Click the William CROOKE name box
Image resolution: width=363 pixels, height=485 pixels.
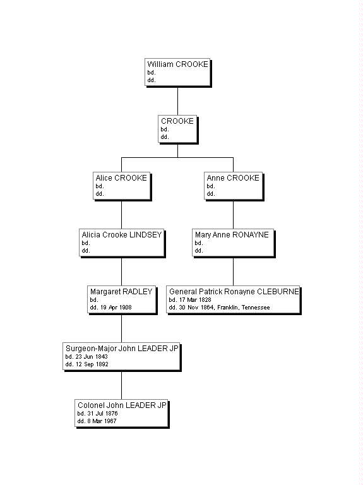pyautogui.click(x=177, y=72)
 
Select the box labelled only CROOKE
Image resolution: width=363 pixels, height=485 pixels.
pyautogui.click(x=177, y=129)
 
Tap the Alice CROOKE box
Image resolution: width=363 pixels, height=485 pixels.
pyautogui.click(x=122, y=186)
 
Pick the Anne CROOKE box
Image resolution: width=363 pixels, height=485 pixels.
pyautogui.click(x=233, y=186)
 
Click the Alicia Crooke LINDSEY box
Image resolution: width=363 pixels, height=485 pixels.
pyautogui.click(x=122, y=242)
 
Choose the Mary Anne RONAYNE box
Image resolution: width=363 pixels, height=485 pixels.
pyautogui.click(x=233, y=242)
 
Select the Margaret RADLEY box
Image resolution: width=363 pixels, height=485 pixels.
pyautogui.click(x=122, y=299)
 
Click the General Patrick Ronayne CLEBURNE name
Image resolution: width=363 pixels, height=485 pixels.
pyautogui.click(x=234, y=292)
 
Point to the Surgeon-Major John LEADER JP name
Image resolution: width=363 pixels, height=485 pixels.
pyautogui.click(x=122, y=348)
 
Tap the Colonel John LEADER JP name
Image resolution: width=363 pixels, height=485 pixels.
pyautogui.click(x=122, y=405)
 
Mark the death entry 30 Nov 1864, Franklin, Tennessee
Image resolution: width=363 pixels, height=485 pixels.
pyautogui.click(x=219, y=308)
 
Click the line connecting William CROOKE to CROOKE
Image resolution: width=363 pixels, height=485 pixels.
pyautogui.click(x=177, y=100)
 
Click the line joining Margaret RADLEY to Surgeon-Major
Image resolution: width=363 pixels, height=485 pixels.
pyautogui.click(x=122, y=328)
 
